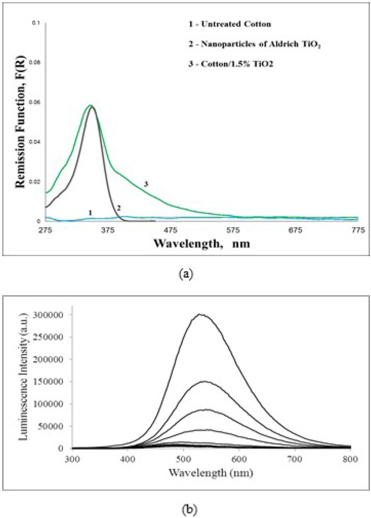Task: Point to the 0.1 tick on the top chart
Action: tap(36, 23)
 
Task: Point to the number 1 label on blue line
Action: tap(91, 213)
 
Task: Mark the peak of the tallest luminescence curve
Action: tap(201, 314)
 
